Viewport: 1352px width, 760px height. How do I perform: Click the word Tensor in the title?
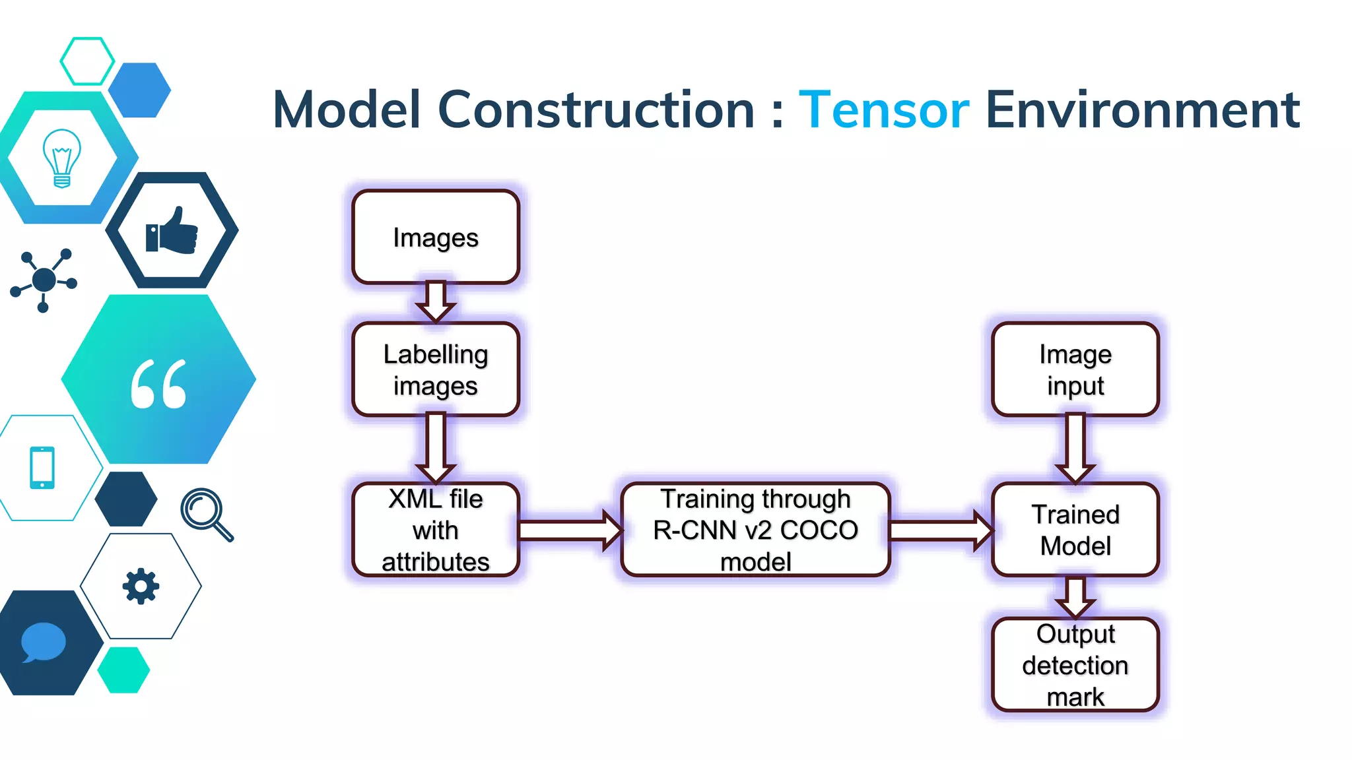pos(883,110)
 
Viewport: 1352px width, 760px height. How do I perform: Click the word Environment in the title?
pos(1142,110)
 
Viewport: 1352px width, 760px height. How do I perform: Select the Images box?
pos(436,237)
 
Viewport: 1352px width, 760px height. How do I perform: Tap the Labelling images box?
pos(436,369)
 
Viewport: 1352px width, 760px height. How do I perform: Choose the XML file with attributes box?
pos(436,530)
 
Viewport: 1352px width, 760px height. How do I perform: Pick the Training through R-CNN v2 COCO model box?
pos(755,530)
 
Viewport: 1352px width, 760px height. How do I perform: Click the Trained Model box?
pos(1075,530)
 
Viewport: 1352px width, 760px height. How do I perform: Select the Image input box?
pos(1075,369)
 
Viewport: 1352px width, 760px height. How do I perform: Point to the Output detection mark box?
pos(1075,665)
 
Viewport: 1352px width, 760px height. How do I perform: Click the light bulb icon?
pos(62,158)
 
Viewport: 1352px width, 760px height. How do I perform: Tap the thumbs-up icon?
pos(172,231)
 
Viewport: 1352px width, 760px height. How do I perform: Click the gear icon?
pos(141,586)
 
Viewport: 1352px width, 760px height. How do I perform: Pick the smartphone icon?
pos(42,468)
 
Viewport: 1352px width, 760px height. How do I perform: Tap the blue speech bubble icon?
pos(43,642)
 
